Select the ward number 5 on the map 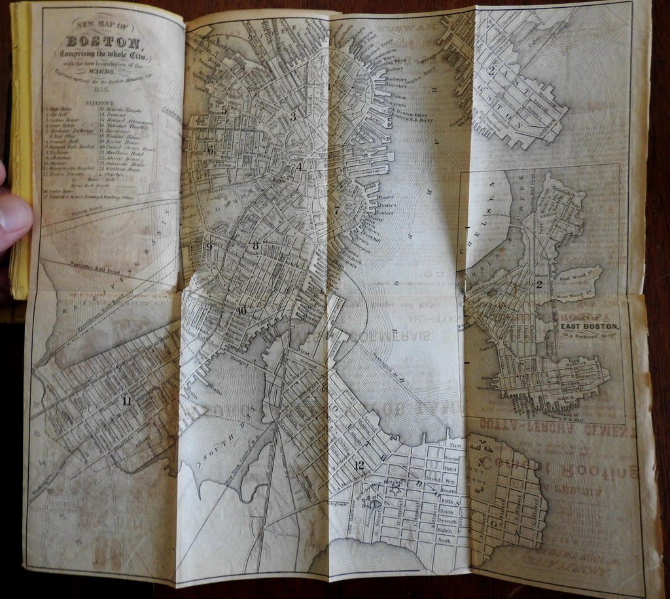pos(224,110)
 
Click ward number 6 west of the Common pos(210,150)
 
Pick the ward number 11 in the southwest pos(126,401)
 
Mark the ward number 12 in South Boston pos(358,466)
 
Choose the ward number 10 pos(242,311)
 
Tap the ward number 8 pos(256,246)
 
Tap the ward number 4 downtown pos(299,167)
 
